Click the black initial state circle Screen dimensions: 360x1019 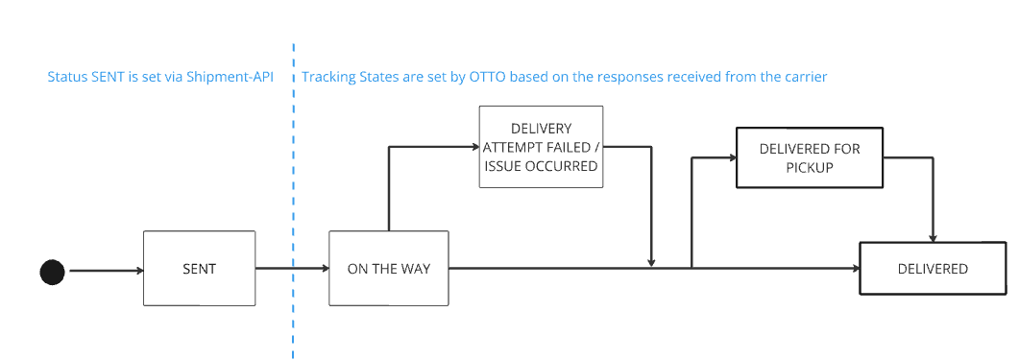click(x=52, y=272)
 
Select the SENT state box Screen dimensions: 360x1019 click(x=199, y=269)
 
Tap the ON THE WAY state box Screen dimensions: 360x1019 click(x=388, y=269)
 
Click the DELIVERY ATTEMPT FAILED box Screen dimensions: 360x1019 click(x=541, y=147)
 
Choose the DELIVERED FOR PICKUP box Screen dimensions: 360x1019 click(x=809, y=157)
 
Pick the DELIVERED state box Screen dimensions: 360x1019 click(x=933, y=269)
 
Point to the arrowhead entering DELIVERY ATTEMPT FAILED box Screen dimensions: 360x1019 click(x=473, y=147)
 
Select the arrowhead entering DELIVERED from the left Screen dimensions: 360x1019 click(x=854, y=269)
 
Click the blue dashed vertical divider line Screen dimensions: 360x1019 click(x=293, y=192)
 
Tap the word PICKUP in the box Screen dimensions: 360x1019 click(x=809, y=166)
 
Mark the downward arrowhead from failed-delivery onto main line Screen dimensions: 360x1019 click(x=652, y=262)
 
